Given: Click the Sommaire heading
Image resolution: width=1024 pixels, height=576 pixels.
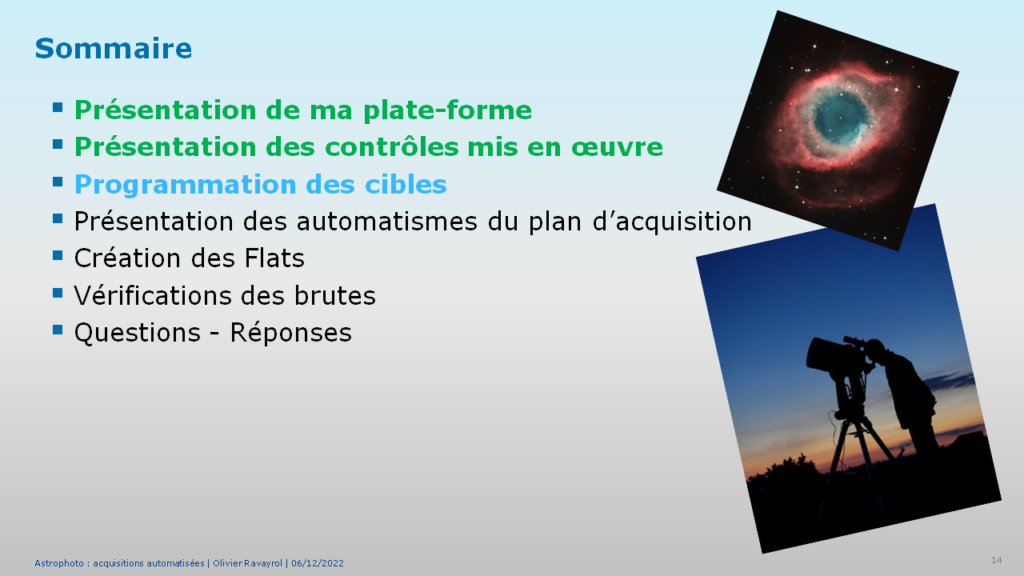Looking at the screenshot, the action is (114, 49).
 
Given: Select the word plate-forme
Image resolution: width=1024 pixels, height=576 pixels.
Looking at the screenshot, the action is (447, 110).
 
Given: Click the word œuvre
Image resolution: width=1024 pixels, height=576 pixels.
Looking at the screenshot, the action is (617, 147).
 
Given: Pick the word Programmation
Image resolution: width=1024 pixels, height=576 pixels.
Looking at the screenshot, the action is (185, 185).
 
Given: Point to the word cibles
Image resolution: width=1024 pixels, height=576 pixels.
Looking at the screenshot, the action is (406, 184).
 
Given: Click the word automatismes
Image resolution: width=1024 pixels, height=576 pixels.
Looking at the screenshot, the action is (386, 222).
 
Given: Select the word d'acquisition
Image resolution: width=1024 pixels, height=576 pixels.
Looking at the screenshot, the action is (672, 222).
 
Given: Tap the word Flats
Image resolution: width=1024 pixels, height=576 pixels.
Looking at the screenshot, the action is (274, 258).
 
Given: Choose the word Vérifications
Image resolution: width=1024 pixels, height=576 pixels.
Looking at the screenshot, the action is (153, 295).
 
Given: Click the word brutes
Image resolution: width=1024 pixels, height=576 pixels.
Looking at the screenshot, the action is (334, 295).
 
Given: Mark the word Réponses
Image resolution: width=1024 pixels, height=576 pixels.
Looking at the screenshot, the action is (290, 333).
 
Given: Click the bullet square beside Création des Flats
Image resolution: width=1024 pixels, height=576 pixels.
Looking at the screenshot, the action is (58, 255).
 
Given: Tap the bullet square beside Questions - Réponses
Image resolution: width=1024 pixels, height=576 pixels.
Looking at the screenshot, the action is (58, 329).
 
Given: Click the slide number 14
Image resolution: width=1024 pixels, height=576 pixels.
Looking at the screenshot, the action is (997, 560).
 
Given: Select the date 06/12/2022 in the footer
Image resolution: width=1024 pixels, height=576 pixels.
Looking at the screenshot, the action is (318, 563).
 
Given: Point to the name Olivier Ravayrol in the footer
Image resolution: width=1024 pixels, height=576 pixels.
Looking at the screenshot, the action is (248, 563).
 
